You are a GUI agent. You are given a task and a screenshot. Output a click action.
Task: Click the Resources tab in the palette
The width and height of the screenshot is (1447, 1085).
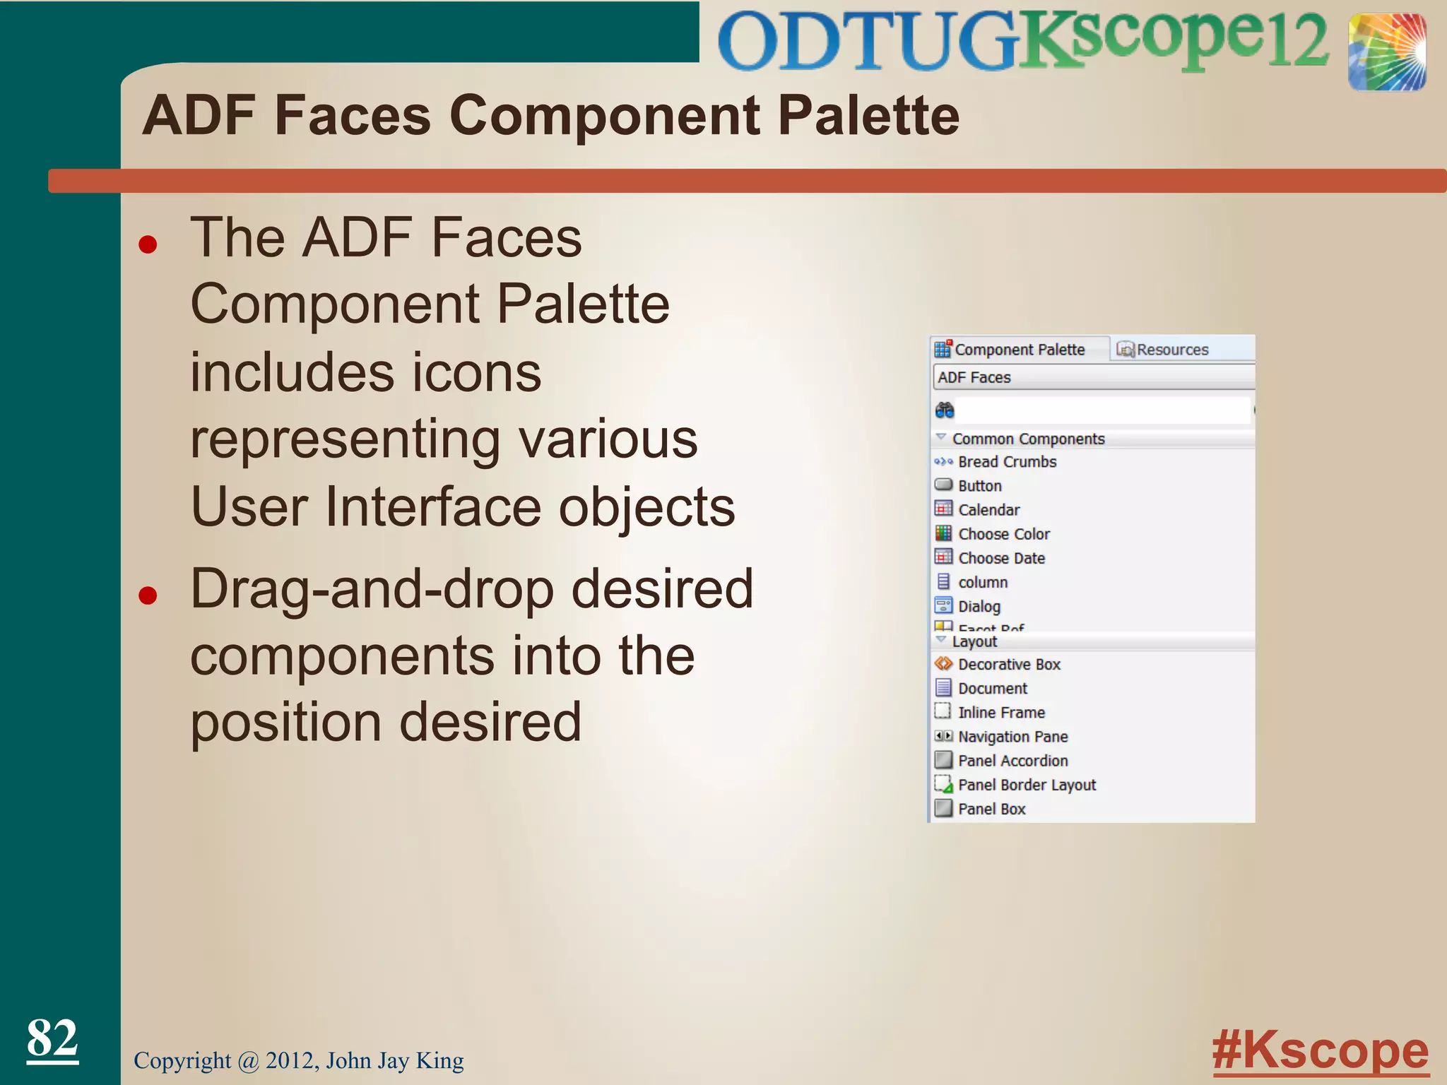coord(1164,350)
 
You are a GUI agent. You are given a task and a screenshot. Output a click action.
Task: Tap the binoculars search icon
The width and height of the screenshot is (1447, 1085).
coord(945,410)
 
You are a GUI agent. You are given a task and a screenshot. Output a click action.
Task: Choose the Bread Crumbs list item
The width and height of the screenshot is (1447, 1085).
coord(1007,462)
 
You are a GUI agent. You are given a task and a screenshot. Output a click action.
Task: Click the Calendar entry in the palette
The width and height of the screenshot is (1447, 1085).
coord(988,510)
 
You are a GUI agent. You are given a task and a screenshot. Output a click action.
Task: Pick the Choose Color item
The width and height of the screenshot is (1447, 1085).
coord(1003,534)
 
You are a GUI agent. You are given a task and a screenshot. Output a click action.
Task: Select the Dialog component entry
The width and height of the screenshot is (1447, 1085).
coord(979,606)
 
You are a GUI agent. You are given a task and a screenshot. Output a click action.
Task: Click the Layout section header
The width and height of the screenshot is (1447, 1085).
coord(974,641)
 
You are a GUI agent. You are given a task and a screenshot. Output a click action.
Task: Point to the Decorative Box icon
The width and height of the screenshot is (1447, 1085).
coord(943,664)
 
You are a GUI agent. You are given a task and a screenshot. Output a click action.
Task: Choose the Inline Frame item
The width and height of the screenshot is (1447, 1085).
coord(1001,712)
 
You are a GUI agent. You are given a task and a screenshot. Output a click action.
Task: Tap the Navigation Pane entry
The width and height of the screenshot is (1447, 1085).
coord(1012,737)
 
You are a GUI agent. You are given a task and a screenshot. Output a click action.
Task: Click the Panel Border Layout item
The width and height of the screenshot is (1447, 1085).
coord(1027,785)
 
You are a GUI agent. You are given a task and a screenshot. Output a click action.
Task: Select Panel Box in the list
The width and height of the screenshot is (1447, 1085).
coord(991,809)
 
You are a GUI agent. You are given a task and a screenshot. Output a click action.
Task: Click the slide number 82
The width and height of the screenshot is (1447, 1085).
coord(52,1038)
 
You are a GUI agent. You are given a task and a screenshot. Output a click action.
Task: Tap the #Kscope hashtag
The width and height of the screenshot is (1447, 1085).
coord(1320,1051)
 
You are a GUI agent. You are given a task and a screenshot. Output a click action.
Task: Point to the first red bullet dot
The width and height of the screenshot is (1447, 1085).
coord(148,245)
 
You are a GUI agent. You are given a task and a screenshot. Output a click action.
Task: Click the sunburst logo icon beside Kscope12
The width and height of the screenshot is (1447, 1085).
coord(1386,52)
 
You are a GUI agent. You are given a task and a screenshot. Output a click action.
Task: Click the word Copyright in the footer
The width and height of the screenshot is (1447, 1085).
coord(182,1061)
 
